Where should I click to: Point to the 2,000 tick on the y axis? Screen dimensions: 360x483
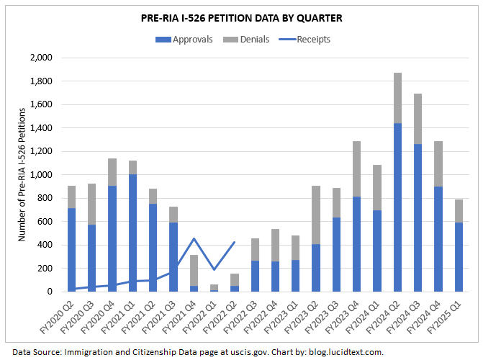45,58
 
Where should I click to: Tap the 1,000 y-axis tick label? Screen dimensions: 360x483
45,175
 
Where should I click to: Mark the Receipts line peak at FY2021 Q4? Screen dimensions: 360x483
194,238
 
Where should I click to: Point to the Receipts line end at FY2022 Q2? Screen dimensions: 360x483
234,242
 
